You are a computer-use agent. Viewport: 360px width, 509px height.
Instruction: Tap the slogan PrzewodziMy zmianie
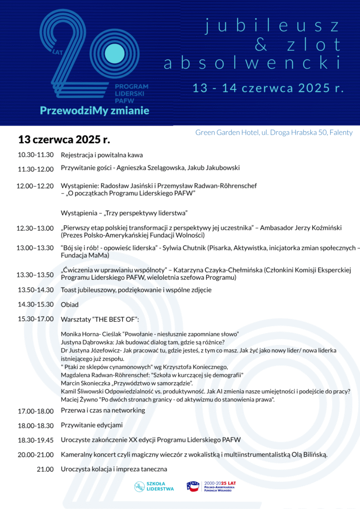(x=94, y=110)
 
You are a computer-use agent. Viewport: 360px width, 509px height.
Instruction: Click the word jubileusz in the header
(x=272, y=26)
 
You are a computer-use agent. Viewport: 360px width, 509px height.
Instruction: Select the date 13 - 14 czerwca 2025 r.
(x=269, y=88)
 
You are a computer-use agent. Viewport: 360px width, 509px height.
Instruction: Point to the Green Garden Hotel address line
(x=273, y=132)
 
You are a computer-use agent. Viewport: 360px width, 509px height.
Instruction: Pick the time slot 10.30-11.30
(x=36, y=155)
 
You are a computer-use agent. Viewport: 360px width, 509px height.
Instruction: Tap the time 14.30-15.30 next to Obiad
(x=36, y=304)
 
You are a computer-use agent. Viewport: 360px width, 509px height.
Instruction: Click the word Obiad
(x=70, y=304)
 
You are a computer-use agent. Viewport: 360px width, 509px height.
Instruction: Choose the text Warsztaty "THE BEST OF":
(x=100, y=318)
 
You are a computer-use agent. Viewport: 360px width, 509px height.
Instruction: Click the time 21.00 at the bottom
(x=45, y=469)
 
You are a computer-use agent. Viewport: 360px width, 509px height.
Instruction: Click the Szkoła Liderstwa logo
(x=154, y=486)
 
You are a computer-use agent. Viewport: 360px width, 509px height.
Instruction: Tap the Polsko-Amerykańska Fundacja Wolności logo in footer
(x=214, y=486)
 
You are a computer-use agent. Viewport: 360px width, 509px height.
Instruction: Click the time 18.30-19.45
(x=36, y=440)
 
